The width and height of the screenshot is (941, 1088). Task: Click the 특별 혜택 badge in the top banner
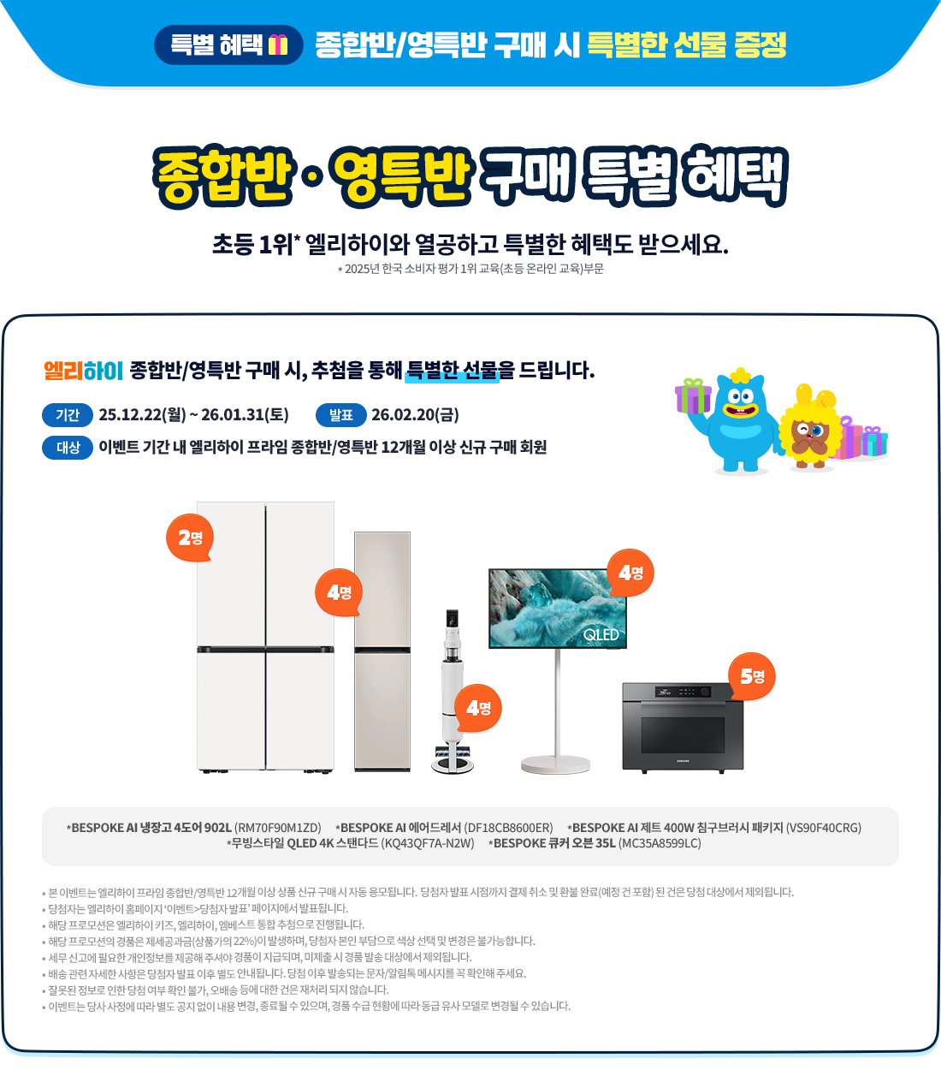228,45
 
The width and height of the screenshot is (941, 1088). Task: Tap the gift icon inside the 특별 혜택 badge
278,45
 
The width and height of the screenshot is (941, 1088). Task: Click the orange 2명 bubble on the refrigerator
190,538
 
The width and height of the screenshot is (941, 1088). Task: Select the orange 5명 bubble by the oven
752,676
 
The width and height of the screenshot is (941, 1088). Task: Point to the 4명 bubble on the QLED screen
630,573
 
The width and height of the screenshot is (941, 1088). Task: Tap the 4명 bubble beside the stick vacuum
478,708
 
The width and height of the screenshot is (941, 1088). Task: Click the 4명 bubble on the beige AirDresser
339,592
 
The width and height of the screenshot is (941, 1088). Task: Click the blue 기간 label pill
68,415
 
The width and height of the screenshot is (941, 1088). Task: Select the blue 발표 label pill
340,415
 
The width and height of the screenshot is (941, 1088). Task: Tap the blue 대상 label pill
68,448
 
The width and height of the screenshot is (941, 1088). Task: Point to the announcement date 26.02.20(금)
415,415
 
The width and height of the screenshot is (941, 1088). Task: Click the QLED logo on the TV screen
601,635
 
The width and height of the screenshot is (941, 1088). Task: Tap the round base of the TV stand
555,764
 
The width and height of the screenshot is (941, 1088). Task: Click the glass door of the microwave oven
682,734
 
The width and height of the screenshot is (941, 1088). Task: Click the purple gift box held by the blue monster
693,395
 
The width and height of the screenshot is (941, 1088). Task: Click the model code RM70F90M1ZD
277,828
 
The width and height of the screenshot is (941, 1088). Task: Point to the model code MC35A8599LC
660,843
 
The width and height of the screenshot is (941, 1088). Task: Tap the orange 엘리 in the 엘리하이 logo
63,371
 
